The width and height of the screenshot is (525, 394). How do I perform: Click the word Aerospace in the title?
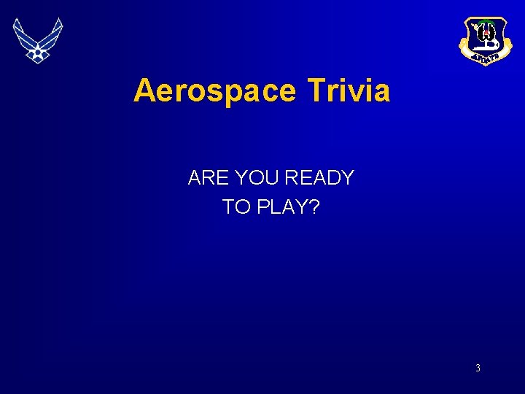215,91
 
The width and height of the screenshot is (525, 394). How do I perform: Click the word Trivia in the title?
349,91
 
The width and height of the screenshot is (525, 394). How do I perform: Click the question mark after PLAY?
314,207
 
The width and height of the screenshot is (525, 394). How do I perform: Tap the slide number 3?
478,368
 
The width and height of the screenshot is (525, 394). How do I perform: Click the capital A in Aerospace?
144,91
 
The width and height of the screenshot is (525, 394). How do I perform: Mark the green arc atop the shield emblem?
481,22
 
